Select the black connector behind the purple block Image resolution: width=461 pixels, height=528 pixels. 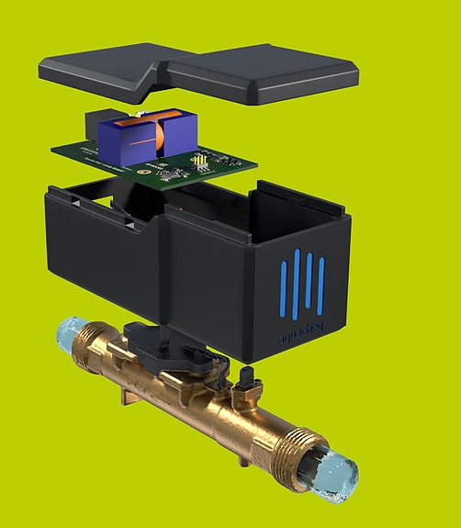click(x=97, y=126)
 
